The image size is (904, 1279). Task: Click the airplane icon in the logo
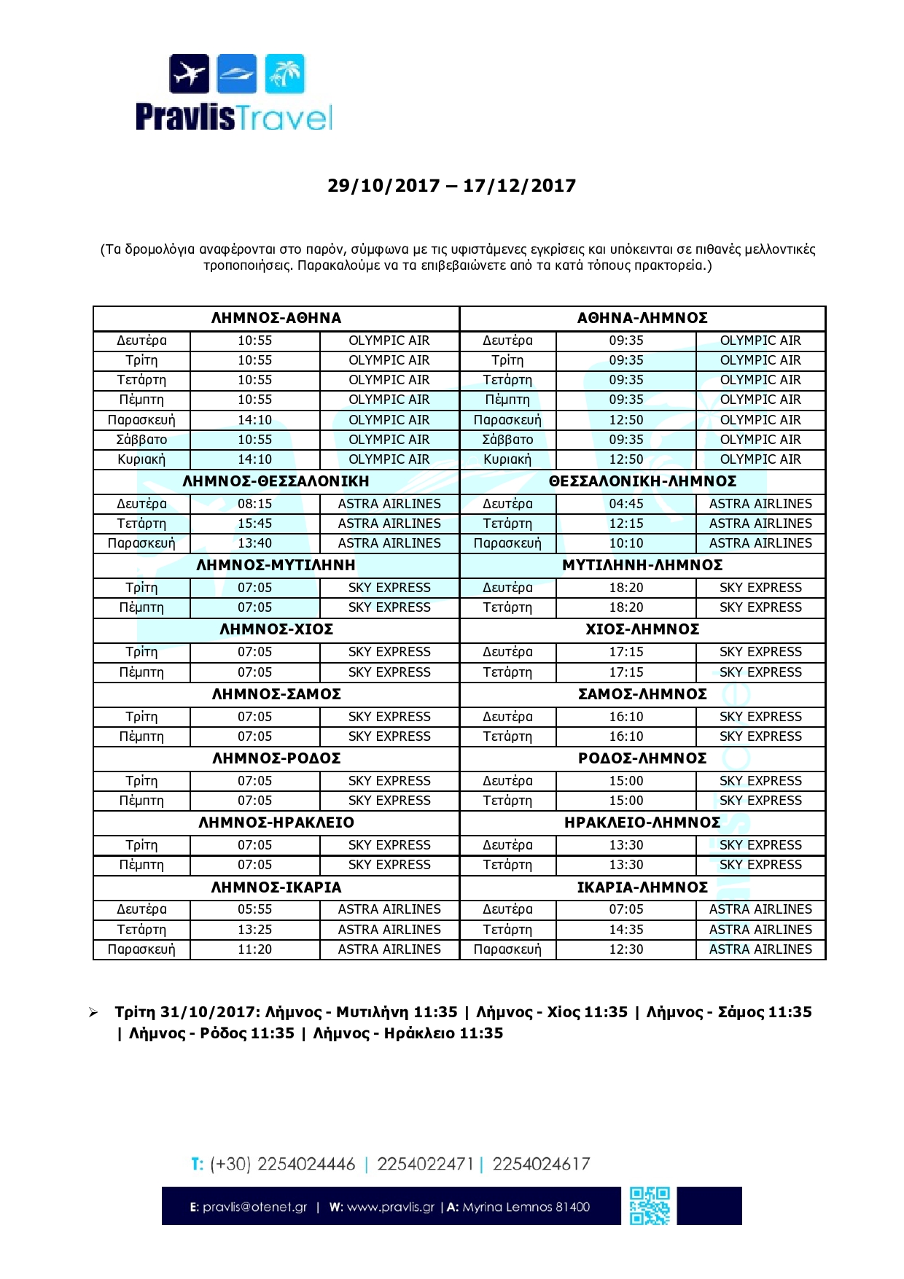click(190, 74)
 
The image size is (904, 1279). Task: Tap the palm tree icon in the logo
click(285, 74)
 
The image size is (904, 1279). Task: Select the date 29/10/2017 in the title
click(383, 186)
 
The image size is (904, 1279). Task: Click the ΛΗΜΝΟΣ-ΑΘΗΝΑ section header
click(276, 318)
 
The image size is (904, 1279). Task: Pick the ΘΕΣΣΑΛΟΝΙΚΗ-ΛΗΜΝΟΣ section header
click(642, 481)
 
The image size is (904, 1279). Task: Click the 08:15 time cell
click(254, 504)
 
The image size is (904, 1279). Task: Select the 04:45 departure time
click(626, 504)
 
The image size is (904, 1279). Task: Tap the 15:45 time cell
click(254, 524)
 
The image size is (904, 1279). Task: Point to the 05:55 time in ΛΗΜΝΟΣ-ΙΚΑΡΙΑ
click(254, 909)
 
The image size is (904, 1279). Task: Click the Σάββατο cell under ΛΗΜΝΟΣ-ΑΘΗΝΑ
click(141, 440)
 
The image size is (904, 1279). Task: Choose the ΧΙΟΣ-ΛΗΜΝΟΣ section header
click(642, 629)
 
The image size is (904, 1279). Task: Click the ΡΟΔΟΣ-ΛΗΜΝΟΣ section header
click(642, 758)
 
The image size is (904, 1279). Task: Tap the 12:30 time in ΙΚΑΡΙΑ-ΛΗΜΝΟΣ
click(626, 949)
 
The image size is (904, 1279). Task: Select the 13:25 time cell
click(254, 930)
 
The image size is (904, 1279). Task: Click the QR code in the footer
click(650, 1206)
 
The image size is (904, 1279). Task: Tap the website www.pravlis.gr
click(390, 1207)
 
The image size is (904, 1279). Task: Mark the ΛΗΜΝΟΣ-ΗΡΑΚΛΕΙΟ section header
click(276, 823)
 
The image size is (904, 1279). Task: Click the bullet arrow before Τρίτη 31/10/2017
click(93, 1013)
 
